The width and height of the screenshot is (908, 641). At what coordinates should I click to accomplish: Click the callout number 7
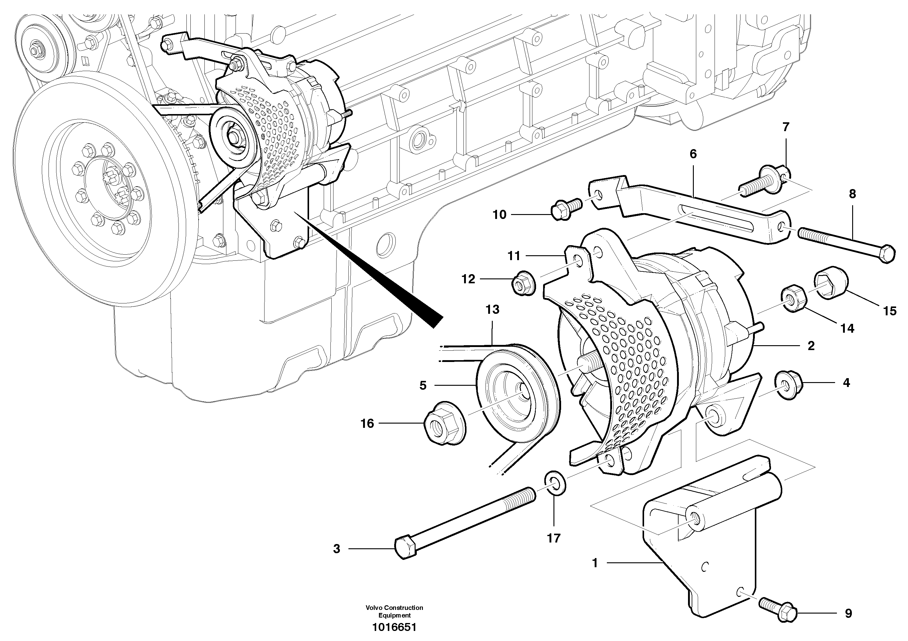pos(785,127)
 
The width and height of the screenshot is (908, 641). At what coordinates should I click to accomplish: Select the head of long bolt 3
pos(405,548)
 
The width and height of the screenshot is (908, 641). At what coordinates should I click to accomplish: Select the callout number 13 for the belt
pos(492,310)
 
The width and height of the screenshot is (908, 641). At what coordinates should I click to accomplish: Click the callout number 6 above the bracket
pos(693,154)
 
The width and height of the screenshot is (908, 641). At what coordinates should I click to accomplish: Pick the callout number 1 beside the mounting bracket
pos(595,563)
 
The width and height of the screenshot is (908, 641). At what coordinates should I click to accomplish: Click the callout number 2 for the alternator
pos(811,346)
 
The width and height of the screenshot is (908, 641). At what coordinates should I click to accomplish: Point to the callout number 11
pos(514,256)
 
